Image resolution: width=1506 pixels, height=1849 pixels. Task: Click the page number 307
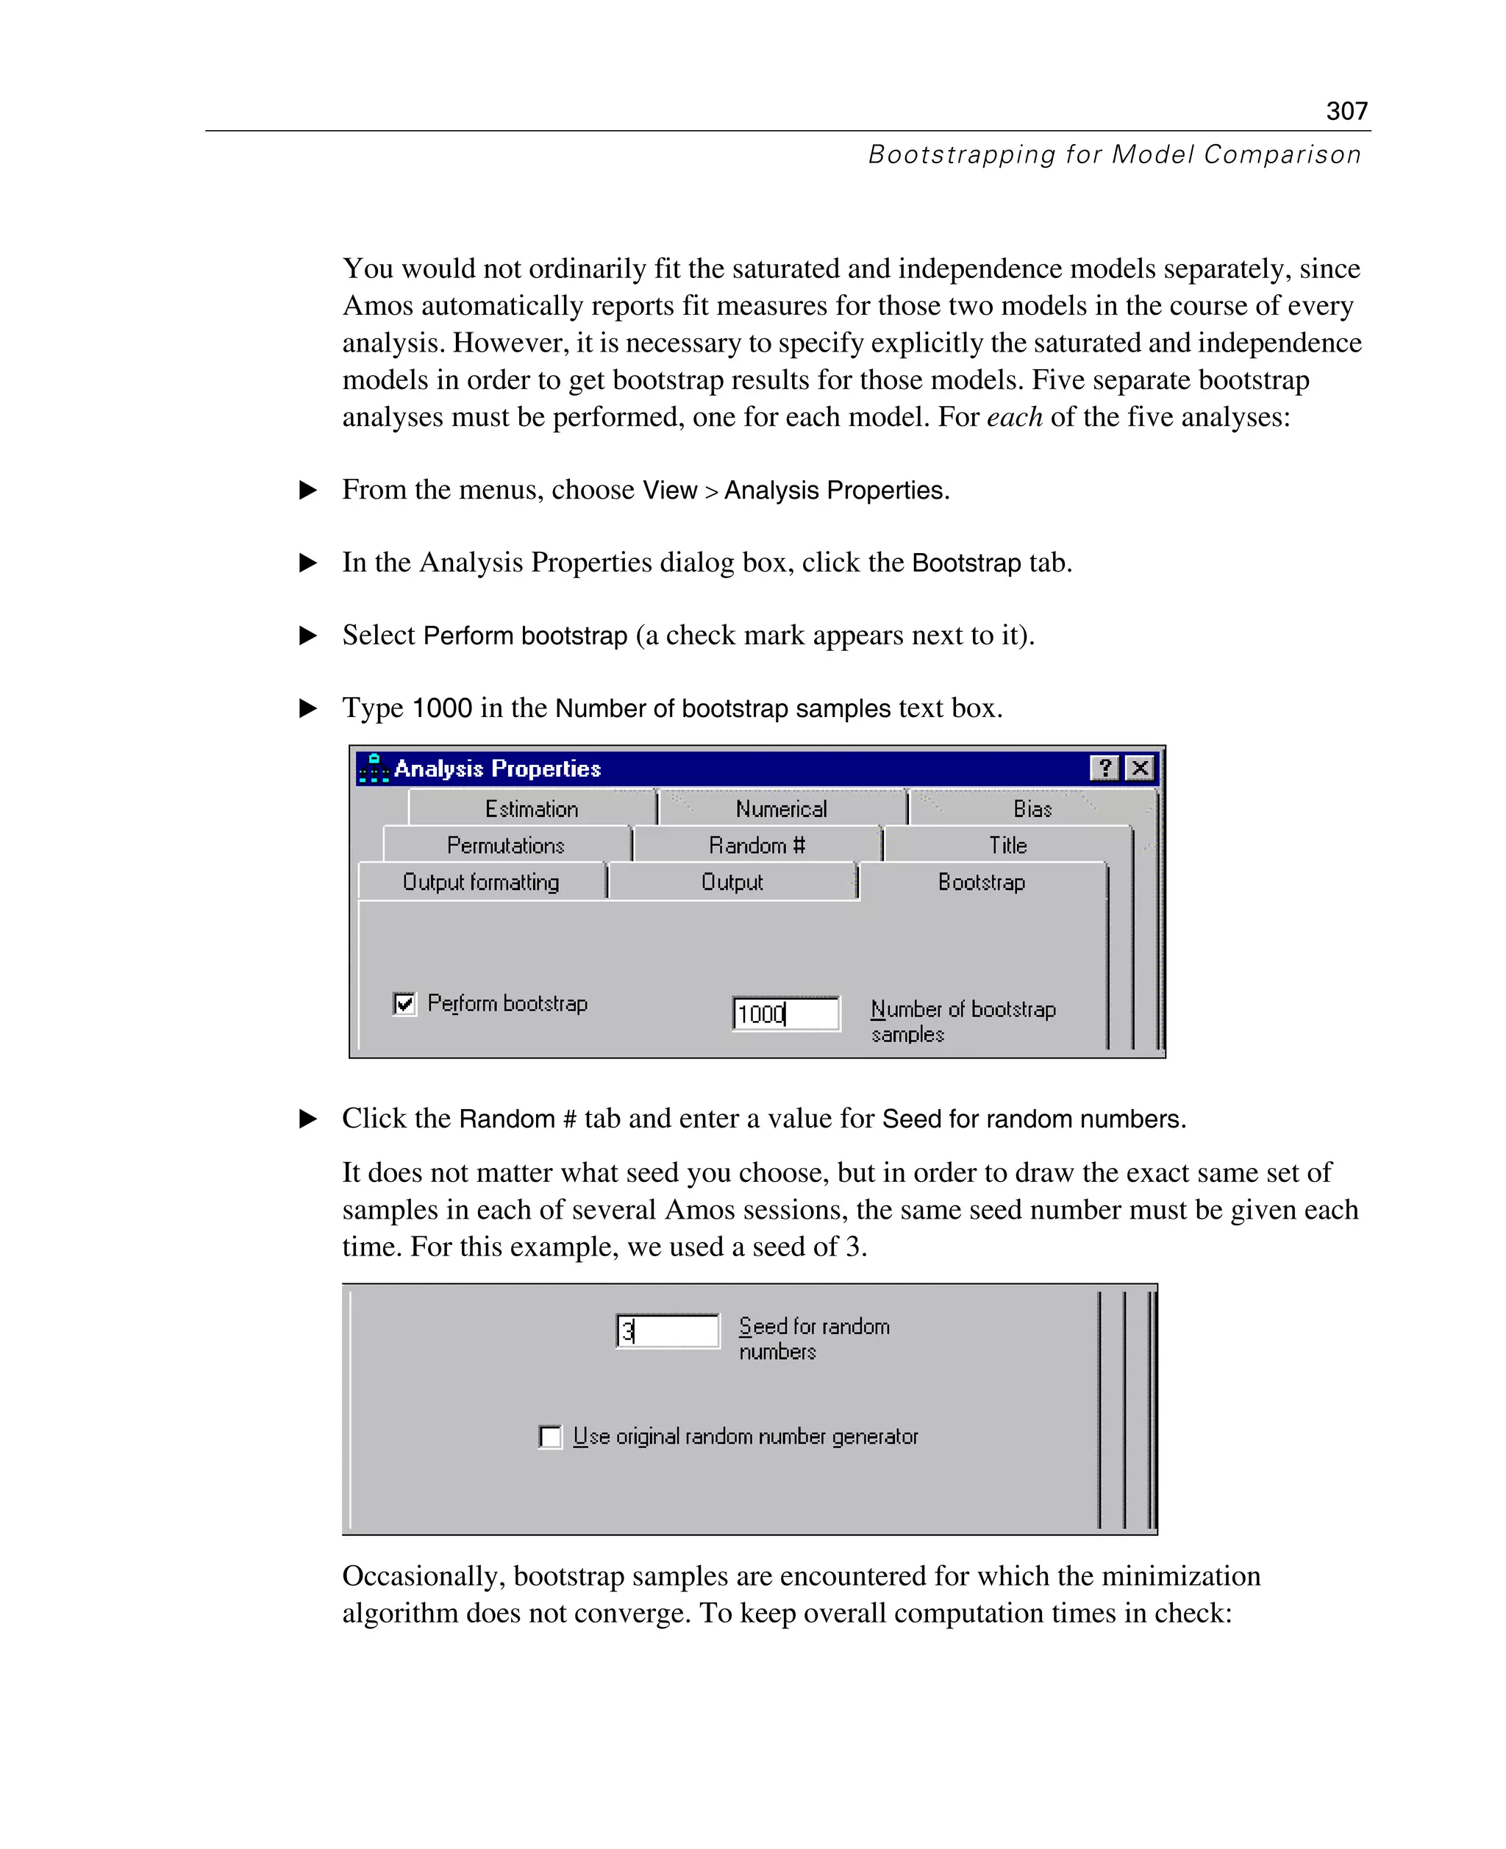pos(1346,111)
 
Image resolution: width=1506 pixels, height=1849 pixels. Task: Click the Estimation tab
pos(531,809)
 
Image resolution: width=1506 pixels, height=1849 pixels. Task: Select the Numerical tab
pos(781,809)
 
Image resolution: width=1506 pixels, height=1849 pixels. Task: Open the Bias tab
pos(1032,809)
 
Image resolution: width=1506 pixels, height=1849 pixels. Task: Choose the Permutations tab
pos(506,845)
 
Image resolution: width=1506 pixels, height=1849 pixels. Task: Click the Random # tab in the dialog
pos(757,845)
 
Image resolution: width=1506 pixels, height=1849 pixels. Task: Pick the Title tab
pos(1007,845)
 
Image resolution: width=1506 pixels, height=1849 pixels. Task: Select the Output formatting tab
pos(481,882)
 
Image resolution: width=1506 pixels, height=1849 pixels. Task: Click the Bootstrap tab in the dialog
pos(981,882)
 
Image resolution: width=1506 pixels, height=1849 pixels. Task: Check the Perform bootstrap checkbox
pos(404,1004)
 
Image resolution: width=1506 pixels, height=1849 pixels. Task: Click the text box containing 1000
pos(785,1013)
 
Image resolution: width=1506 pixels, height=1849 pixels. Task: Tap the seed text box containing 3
pos(667,1330)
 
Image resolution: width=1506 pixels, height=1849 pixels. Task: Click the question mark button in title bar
pos(1104,768)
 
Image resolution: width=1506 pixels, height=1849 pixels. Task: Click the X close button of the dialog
pos(1140,768)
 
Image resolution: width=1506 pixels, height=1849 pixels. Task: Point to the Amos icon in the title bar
pos(373,768)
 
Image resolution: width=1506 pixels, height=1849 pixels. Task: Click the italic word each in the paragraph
pos(1014,417)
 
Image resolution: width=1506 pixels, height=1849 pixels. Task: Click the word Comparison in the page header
pos(1281,154)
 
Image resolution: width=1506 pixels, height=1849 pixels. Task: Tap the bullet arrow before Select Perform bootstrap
pos(308,635)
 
